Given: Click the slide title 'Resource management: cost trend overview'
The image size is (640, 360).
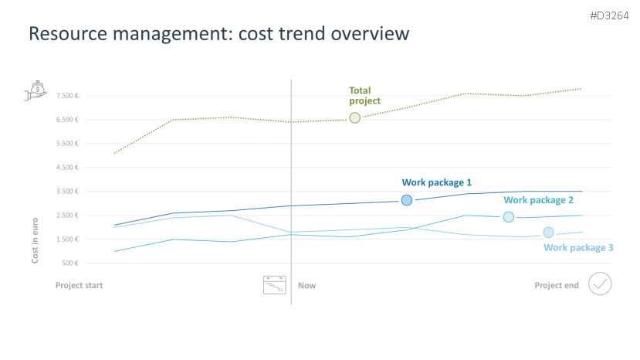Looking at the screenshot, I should [x=218, y=34].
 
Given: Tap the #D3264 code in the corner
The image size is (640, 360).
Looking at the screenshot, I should [x=609, y=15].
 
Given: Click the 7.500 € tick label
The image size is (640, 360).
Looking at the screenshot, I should [x=66, y=96].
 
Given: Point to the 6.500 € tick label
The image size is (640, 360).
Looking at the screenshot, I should [x=66, y=120].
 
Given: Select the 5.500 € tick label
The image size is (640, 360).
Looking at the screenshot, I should [x=66, y=144].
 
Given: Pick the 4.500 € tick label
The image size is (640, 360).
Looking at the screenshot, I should [x=66, y=168].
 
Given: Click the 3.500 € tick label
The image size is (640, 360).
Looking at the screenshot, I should [x=66, y=192].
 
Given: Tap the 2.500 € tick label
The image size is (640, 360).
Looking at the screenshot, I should [x=66, y=216].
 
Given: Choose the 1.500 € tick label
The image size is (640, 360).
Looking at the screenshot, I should [x=66, y=239].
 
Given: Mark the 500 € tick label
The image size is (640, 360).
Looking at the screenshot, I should [x=69, y=263].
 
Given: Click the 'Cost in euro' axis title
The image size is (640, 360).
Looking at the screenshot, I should [x=35, y=240].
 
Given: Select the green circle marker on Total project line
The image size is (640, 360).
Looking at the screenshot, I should [x=354, y=117].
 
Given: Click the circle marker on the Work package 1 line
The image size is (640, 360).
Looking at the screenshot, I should [x=407, y=200].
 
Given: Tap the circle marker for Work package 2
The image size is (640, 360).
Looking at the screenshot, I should [x=508, y=217].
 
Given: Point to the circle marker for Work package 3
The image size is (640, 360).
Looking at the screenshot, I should [x=548, y=233].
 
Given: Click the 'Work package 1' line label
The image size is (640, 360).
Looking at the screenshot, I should [x=436, y=183].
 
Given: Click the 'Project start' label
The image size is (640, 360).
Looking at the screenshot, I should [x=79, y=286].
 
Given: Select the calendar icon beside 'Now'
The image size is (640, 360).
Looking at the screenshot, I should [x=274, y=285].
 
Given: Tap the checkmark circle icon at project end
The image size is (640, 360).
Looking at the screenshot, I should [x=600, y=284].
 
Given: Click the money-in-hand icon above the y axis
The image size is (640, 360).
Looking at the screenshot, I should [x=36, y=90].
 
